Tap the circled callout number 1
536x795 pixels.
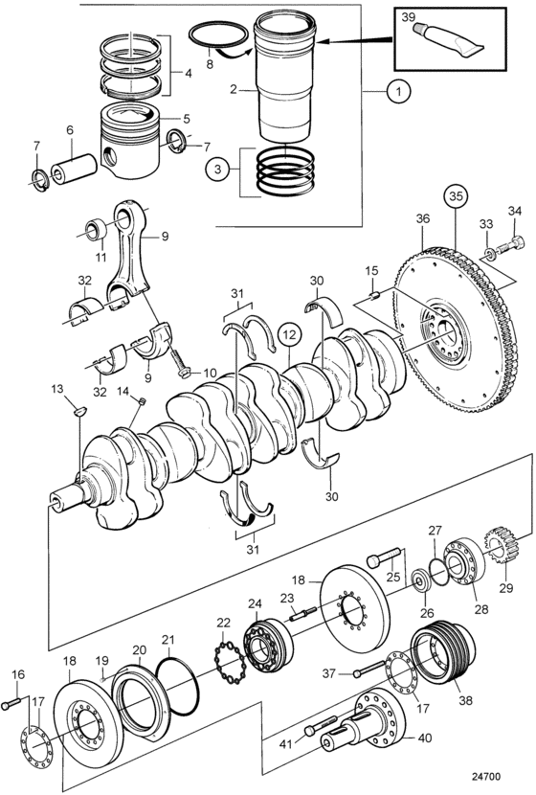399,91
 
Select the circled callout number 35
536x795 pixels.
455,198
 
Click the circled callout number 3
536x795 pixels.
217,169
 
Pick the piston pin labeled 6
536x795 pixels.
74,169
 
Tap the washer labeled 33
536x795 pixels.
490,253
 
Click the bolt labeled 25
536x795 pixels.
384,557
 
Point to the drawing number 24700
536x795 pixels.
486,777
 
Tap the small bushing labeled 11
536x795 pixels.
97,229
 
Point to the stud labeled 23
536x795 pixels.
303,613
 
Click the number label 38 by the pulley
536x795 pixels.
465,700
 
